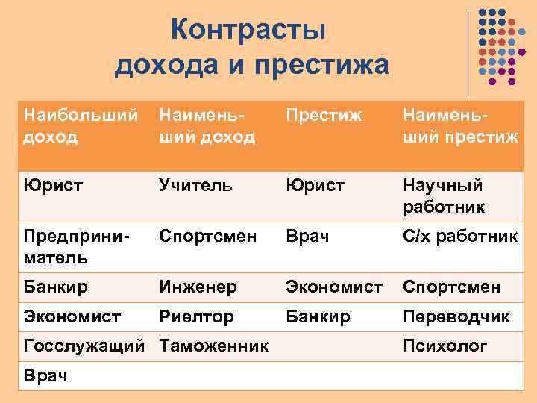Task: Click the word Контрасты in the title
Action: pos(248,31)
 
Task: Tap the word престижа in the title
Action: pos(322,66)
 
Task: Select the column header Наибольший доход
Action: pos(81,125)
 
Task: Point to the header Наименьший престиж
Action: pos(460,125)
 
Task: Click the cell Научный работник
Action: pos(443,195)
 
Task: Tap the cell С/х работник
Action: pos(460,237)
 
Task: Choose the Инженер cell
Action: pos(198,287)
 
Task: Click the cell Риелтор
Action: pos(196,316)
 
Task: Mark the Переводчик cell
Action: pos(456,316)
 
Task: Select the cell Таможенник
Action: pos(213,346)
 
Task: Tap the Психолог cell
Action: pos(445,346)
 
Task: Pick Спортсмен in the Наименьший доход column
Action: pos(207,237)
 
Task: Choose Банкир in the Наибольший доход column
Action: pos(56,287)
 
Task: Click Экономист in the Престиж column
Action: pos(332,287)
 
